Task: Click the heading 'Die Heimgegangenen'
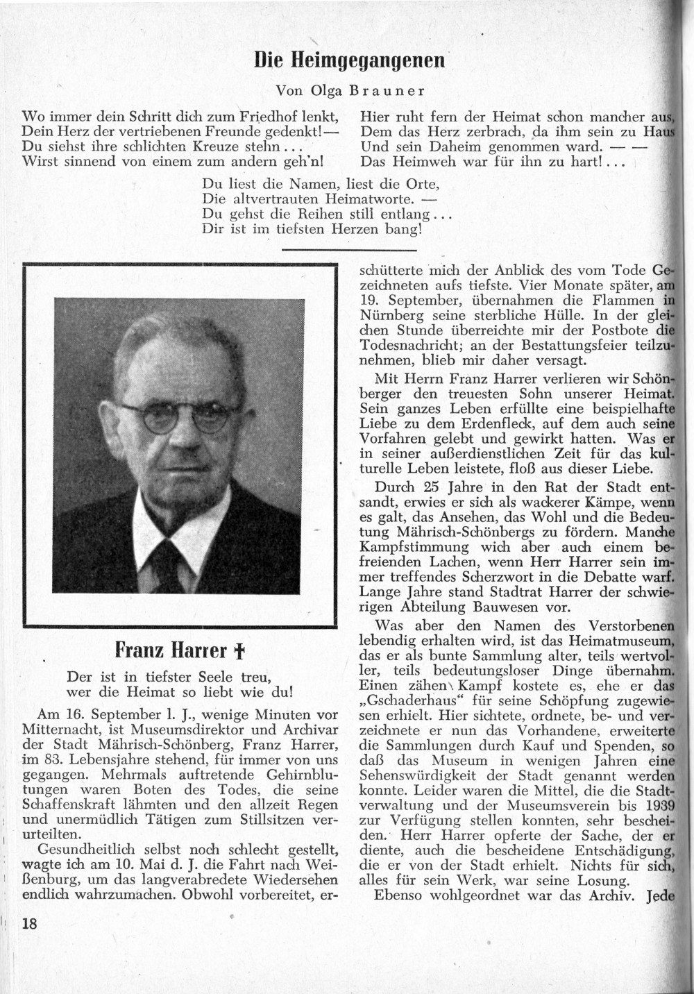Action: [349, 60]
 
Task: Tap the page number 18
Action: [29, 923]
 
